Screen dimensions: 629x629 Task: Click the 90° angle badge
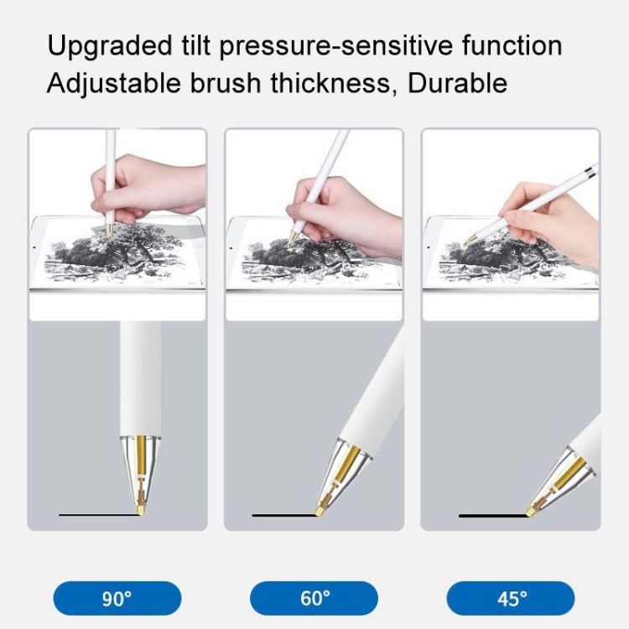pos(117,598)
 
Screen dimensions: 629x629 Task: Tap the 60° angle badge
pos(314,598)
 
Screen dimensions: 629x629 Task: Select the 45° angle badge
pos(511,598)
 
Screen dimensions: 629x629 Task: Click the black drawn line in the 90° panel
pos(97,513)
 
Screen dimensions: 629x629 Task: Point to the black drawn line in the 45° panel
pos(491,515)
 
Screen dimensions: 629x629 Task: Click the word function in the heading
pos(511,45)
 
